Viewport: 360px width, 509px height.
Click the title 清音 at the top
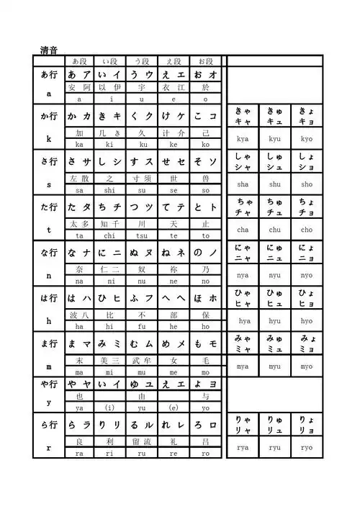click(49, 50)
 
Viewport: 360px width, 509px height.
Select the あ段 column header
click(79, 61)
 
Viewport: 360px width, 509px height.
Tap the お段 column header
click(205, 61)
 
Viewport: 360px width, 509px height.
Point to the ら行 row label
click(49, 424)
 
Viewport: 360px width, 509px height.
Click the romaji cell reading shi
click(110, 190)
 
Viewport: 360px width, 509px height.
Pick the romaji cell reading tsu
click(142, 235)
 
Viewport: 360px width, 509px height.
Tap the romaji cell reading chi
click(110, 235)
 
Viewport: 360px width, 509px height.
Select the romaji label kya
click(243, 138)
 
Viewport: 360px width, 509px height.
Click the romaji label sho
click(307, 184)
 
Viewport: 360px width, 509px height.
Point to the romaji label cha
click(243, 230)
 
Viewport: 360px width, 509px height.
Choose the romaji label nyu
click(275, 275)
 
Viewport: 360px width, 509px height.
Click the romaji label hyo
click(307, 321)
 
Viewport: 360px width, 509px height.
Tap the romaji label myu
click(275, 366)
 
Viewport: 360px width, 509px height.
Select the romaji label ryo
click(307, 447)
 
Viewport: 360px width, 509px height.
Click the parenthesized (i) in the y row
click(110, 407)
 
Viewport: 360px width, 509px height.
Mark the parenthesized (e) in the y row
click(174, 407)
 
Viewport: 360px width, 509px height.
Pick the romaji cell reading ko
click(205, 144)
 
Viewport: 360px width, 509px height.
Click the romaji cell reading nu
click(142, 281)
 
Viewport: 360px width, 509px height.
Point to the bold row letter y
click(49, 402)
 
